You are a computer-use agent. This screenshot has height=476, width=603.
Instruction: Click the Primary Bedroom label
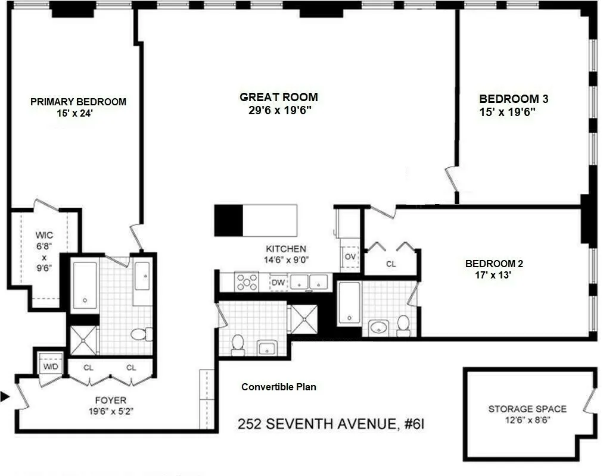tap(78, 102)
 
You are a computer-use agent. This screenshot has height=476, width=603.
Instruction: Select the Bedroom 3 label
tap(514, 99)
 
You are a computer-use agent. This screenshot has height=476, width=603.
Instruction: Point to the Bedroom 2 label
tap(494, 264)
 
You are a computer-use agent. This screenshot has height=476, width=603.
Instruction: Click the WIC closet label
tap(44, 235)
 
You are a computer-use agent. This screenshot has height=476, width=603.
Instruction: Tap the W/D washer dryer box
tap(50, 365)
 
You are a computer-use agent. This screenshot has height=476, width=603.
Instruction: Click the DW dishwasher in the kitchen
tap(278, 283)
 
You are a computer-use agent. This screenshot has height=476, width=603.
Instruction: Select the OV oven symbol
tap(350, 256)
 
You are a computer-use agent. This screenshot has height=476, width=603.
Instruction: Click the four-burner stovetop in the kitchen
tap(247, 282)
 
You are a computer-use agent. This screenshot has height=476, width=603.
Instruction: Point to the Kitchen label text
tap(286, 249)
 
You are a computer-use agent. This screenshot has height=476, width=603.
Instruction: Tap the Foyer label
tap(111, 400)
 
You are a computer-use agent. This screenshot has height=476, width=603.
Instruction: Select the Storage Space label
tap(527, 409)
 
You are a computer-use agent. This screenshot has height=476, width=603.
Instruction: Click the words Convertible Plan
tap(279, 387)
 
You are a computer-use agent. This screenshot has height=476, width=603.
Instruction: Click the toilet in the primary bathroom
tap(141, 334)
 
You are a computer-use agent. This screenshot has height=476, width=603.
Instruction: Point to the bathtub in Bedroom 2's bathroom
tap(349, 303)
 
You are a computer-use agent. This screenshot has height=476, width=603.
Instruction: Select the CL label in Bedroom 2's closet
tap(391, 264)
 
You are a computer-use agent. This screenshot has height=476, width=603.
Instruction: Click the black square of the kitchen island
tap(228, 220)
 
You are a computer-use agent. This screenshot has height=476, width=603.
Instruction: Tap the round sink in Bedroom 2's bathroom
tap(379, 327)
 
